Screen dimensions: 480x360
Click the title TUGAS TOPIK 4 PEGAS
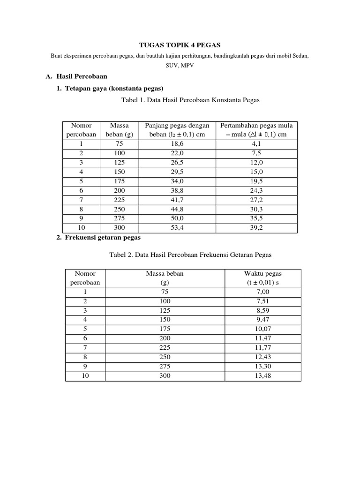click(180, 45)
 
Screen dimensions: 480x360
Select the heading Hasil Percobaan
click(82, 76)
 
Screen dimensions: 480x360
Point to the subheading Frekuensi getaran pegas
click(99, 238)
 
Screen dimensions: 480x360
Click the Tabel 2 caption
click(190, 255)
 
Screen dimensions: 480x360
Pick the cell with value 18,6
click(177, 144)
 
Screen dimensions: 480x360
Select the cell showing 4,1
click(256, 144)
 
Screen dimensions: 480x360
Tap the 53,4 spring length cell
click(177, 228)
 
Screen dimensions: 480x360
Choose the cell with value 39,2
click(256, 228)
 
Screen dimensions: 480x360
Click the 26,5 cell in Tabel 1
click(177, 163)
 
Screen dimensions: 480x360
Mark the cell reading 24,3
click(256, 191)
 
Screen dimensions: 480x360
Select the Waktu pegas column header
click(263, 278)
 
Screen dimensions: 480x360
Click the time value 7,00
click(263, 292)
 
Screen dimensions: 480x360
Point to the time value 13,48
click(263, 376)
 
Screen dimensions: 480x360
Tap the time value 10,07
click(263, 329)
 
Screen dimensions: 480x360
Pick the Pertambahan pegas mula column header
click(256, 130)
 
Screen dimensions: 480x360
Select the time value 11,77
click(263, 348)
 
